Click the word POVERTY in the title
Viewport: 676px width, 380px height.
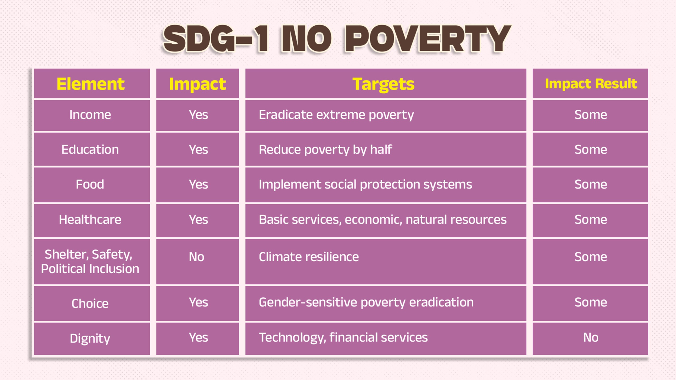[428, 39]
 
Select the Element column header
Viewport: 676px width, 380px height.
[91, 84]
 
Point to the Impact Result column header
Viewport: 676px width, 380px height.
[591, 84]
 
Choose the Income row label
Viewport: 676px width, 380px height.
[90, 115]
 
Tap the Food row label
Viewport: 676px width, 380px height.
[90, 184]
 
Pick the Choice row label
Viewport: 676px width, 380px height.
[90, 303]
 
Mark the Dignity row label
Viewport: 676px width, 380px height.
[90, 339]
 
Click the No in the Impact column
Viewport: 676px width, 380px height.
[196, 257]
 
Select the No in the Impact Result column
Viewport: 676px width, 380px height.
[591, 338]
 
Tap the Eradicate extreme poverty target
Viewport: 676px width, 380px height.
[336, 115]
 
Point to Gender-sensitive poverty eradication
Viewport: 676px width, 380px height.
[366, 302]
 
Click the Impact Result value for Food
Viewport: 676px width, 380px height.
[591, 184]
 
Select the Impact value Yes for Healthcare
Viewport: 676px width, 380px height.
[198, 220]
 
